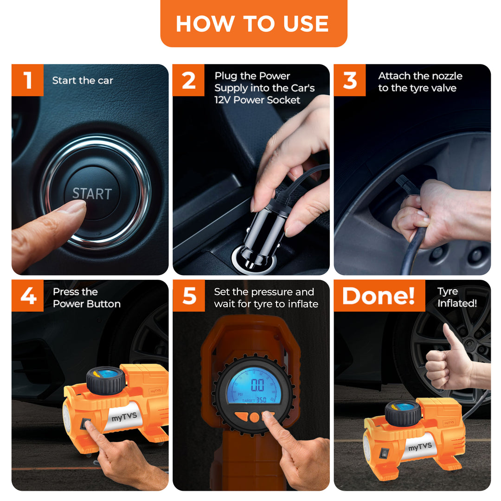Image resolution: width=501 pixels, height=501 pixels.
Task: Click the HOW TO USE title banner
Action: pyautogui.click(x=254, y=23)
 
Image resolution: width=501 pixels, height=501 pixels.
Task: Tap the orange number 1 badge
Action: pyautogui.click(x=27, y=80)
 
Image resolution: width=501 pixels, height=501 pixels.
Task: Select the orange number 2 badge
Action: pyautogui.click(x=188, y=80)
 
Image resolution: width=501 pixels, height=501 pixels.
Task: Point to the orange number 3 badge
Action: pyautogui.click(x=350, y=80)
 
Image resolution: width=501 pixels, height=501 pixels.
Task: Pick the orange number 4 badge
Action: pyautogui.click(x=27, y=295)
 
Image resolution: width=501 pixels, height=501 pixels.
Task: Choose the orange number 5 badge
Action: pyautogui.click(x=189, y=295)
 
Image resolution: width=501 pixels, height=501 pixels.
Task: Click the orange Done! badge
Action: pyautogui.click(x=379, y=295)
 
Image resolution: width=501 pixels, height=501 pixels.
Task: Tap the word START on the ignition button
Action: pyautogui.click(x=92, y=193)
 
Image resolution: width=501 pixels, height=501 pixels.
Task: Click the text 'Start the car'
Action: pyautogui.click(x=83, y=80)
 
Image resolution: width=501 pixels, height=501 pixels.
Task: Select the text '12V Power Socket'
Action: pyautogui.click(x=257, y=100)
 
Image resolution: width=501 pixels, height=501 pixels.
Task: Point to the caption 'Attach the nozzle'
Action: pyautogui.click(x=420, y=76)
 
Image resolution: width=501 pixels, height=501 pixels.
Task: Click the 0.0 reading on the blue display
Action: pyautogui.click(x=257, y=385)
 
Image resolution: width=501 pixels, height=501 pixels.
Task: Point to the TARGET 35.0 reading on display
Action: pyautogui.click(x=254, y=400)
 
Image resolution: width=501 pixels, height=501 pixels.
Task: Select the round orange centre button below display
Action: pyautogui.click(x=255, y=417)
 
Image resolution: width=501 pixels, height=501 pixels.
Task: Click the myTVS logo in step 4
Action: pyautogui.click(x=124, y=417)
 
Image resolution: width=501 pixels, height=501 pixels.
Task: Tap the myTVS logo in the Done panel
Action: pyautogui.click(x=420, y=446)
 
